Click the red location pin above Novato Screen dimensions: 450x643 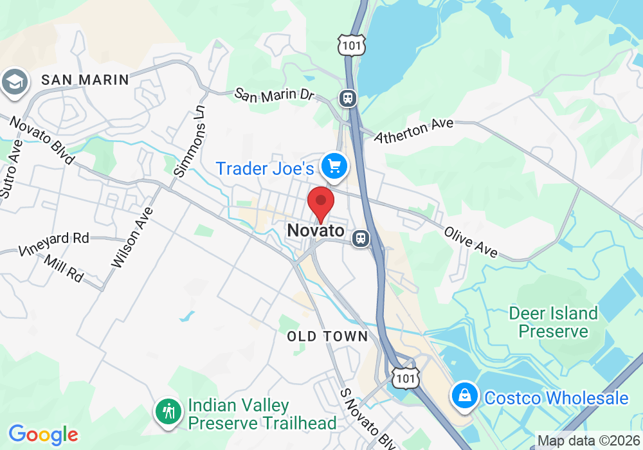point(321,203)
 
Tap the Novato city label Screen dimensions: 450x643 point(316,230)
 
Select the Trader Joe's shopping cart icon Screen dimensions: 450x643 point(334,166)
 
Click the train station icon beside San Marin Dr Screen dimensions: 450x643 point(348,98)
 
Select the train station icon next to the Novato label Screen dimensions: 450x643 point(361,239)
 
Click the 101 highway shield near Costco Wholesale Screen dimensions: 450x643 point(406,377)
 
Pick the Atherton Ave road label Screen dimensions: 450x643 point(414,130)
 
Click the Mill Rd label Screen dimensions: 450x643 point(64,267)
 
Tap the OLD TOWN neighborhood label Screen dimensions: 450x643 point(327,336)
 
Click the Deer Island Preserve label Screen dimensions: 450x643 point(553,322)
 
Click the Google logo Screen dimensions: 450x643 point(42,435)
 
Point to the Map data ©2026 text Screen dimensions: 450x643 point(588,441)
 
